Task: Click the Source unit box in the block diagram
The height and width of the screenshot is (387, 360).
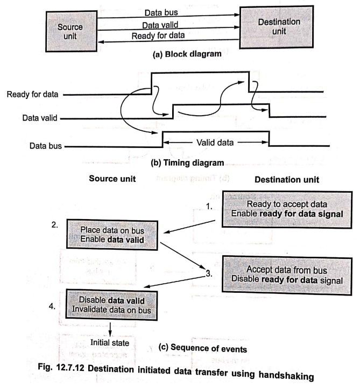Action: click(x=72, y=31)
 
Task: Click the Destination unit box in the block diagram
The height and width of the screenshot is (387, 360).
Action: click(x=277, y=27)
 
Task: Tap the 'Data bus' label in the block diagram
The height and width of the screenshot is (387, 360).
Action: click(x=161, y=12)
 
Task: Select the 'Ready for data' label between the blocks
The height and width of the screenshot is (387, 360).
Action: click(x=158, y=36)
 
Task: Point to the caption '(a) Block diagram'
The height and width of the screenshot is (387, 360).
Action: click(x=187, y=54)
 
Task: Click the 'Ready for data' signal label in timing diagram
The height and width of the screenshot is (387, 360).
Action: click(x=32, y=94)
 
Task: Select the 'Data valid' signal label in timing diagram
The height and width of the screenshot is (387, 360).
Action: click(x=40, y=118)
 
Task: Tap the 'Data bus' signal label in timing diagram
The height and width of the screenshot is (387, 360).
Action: click(x=46, y=146)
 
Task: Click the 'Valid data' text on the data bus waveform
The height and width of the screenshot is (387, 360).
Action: click(x=215, y=143)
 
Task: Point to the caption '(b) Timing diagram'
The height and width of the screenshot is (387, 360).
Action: click(x=187, y=163)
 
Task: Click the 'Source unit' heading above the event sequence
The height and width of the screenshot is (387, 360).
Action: click(x=112, y=179)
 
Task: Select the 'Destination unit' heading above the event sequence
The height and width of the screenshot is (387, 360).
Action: click(x=287, y=179)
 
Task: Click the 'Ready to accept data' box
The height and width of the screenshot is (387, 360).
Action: click(x=287, y=209)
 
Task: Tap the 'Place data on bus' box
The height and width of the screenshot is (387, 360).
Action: click(x=112, y=235)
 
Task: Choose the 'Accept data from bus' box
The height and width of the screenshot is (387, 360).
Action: click(x=287, y=275)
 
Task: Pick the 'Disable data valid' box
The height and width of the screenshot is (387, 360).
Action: click(x=111, y=305)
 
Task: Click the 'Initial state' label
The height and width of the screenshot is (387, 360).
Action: click(x=110, y=342)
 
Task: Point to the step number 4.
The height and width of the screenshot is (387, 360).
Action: click(x=52, y=306)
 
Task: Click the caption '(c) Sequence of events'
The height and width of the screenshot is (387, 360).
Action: click(x=202, y=348)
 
